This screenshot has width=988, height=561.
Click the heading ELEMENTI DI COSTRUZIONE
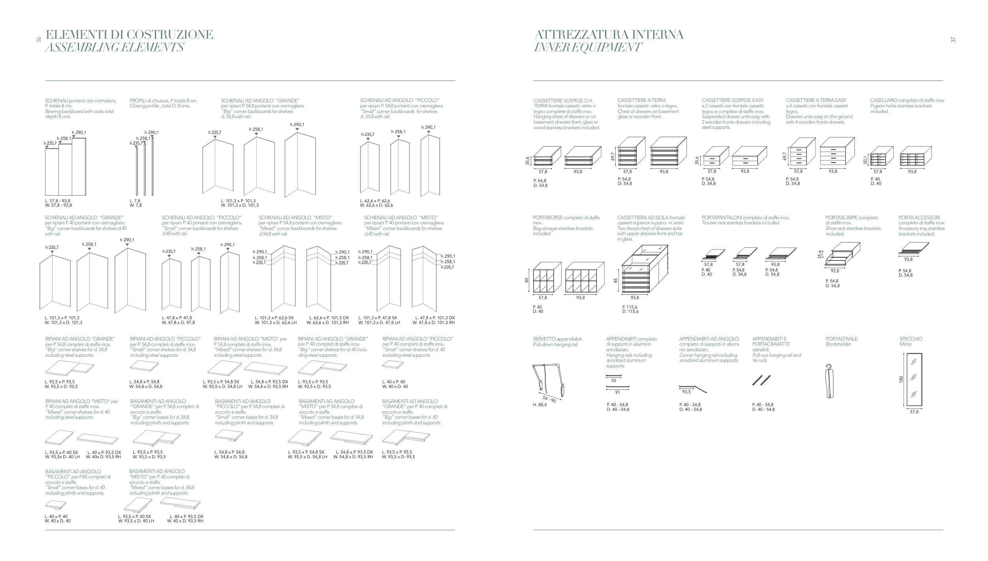[x=129, y=35]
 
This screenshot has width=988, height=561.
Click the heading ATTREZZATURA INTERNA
[x=609, y=35]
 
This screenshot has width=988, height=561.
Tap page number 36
[x=39, y=40]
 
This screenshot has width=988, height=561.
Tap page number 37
[x=953, y=40]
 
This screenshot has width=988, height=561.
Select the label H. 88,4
[x=540, y=405]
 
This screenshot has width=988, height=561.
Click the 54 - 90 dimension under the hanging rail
[x=549, y=400]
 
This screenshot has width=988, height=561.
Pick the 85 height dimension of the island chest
[x=615, y=280]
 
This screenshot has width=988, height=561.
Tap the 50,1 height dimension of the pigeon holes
[x=865, y=159]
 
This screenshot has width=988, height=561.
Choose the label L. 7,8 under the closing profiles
[x=135, y=201]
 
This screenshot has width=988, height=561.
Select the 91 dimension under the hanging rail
[x=617, y=392]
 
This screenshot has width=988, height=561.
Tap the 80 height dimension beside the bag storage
[x=526, y=280]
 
